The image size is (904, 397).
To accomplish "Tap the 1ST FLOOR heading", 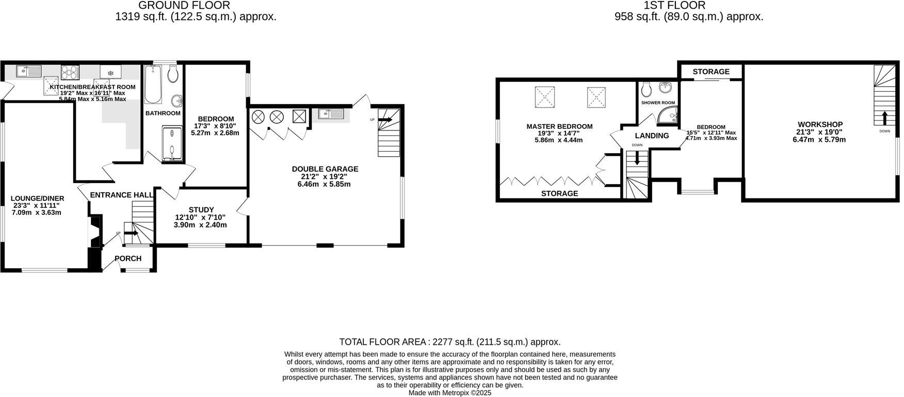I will (x=674, y=6).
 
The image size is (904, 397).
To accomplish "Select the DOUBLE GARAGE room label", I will (x=325, y=169).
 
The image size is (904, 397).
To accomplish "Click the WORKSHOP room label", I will (x=820, y=124).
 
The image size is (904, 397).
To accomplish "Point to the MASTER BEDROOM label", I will (x=559, y=126).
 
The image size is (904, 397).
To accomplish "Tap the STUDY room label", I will (x=201, y=210).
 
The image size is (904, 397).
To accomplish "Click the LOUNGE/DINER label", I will (x=38, y=198).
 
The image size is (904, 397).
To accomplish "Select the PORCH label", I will (x=128, y=258).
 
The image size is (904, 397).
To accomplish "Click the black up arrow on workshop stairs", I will (x=885, y=118).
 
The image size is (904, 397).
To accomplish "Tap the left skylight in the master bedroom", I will (x=544, y=97).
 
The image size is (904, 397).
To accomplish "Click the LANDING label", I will (x=652, y=136).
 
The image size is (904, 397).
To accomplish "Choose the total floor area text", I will (x=449, y=342).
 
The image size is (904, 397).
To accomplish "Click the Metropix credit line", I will (x=449, y=393).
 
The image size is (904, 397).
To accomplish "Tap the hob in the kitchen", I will (x=70, y=71).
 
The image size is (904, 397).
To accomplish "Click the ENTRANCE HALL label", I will (x=121, y=195).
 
